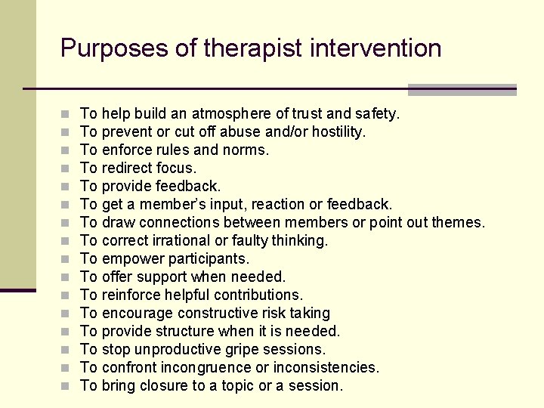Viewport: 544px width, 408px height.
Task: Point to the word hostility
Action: [337, 132]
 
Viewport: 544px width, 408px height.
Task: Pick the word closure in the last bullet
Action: [161, 386]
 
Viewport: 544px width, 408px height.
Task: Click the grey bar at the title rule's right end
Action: [462, 90]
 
